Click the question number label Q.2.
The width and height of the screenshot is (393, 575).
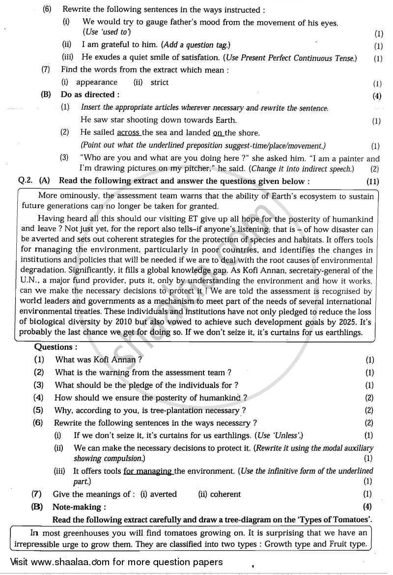[26, 180]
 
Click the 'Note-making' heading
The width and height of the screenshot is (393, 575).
[79, 507]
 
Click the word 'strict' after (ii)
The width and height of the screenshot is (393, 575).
[160, 83]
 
